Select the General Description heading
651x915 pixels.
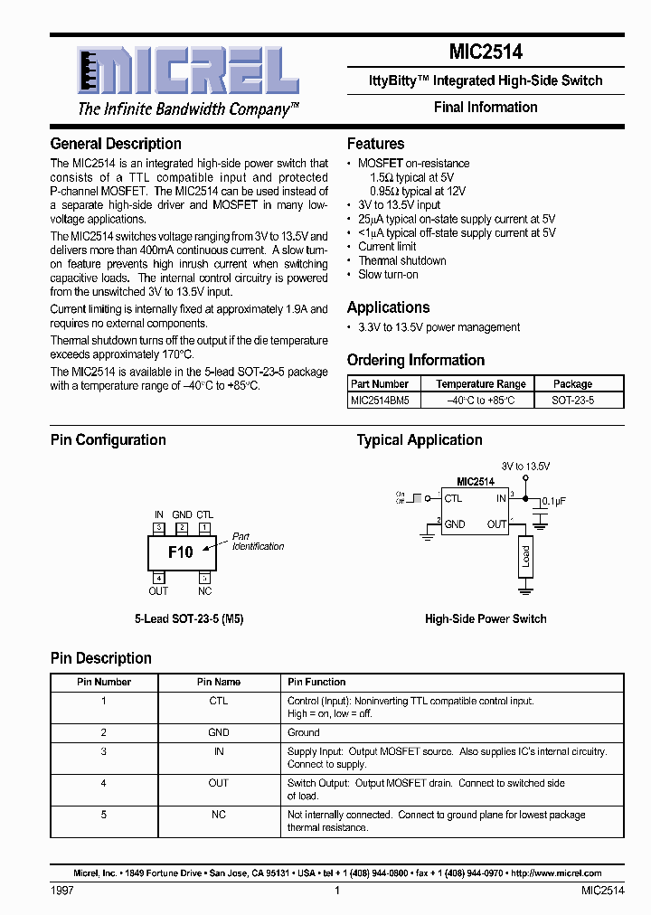coord(116,144)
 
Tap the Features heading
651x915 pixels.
coord(375,144)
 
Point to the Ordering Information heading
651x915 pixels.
coord(416,360)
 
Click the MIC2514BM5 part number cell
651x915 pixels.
coord(380,400)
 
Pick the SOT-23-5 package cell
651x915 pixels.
coord(573,400)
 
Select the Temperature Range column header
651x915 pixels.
coord(480,384)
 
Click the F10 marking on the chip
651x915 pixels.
coord(180,552)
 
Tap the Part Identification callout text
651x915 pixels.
coord(258,542)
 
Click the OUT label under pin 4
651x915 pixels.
coord(158,591)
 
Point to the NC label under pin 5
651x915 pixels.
coord(205,591)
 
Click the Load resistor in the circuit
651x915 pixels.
coord(525,555)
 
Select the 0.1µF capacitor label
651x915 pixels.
coord(554,500)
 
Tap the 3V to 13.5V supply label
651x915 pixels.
coord(525,466)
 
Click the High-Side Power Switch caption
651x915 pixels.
coord(486,619)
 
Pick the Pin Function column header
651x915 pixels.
coord(316,682)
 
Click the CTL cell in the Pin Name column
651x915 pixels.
coord(219,701)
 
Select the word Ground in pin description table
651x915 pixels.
coord(304,732)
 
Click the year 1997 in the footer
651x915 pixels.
coord(61,891)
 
